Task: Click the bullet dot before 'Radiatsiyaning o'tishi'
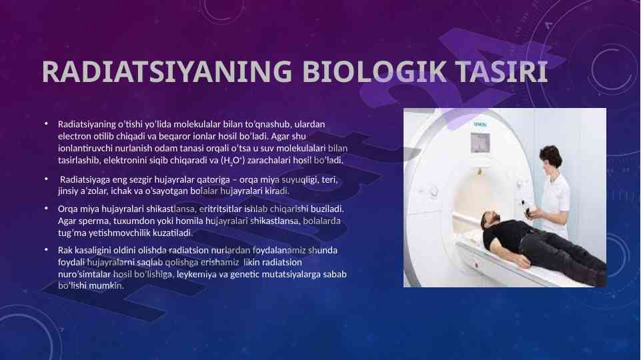[x=47, y=123]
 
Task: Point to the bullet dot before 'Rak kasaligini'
[x=47, y=249]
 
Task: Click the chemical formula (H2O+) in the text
[x=233, y=161]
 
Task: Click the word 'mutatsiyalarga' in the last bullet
[x=291, y=274]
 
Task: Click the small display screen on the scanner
[x=480, y=143]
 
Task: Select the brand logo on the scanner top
[x=480, y=124]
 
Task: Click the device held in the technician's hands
[x=530, y=209]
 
